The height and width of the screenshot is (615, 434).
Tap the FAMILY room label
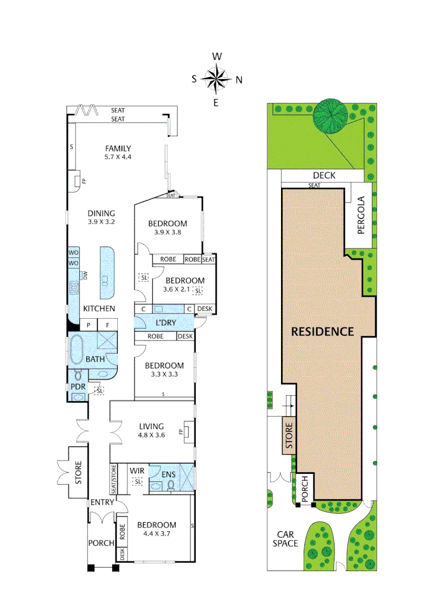click(x=118, y=153)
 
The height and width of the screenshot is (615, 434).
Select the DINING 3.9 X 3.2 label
click(x=101, y=218)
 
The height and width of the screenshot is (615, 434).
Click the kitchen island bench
click(x=106, y=272)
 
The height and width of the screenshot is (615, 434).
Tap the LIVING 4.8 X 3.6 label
click(x=151, y=430)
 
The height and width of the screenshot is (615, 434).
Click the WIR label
click(x=137, y=471)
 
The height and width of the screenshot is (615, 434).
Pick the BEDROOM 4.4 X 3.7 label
click(x=156, y=529)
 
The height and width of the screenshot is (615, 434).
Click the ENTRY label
click(x=102, y=502)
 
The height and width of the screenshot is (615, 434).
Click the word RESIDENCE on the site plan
click(x=323, y=331)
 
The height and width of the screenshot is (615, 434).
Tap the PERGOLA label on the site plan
click(x=361, y=215)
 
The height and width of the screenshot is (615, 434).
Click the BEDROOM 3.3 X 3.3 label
click(x=164, y=370)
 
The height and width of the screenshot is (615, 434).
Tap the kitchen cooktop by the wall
click(x=74, y=288)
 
